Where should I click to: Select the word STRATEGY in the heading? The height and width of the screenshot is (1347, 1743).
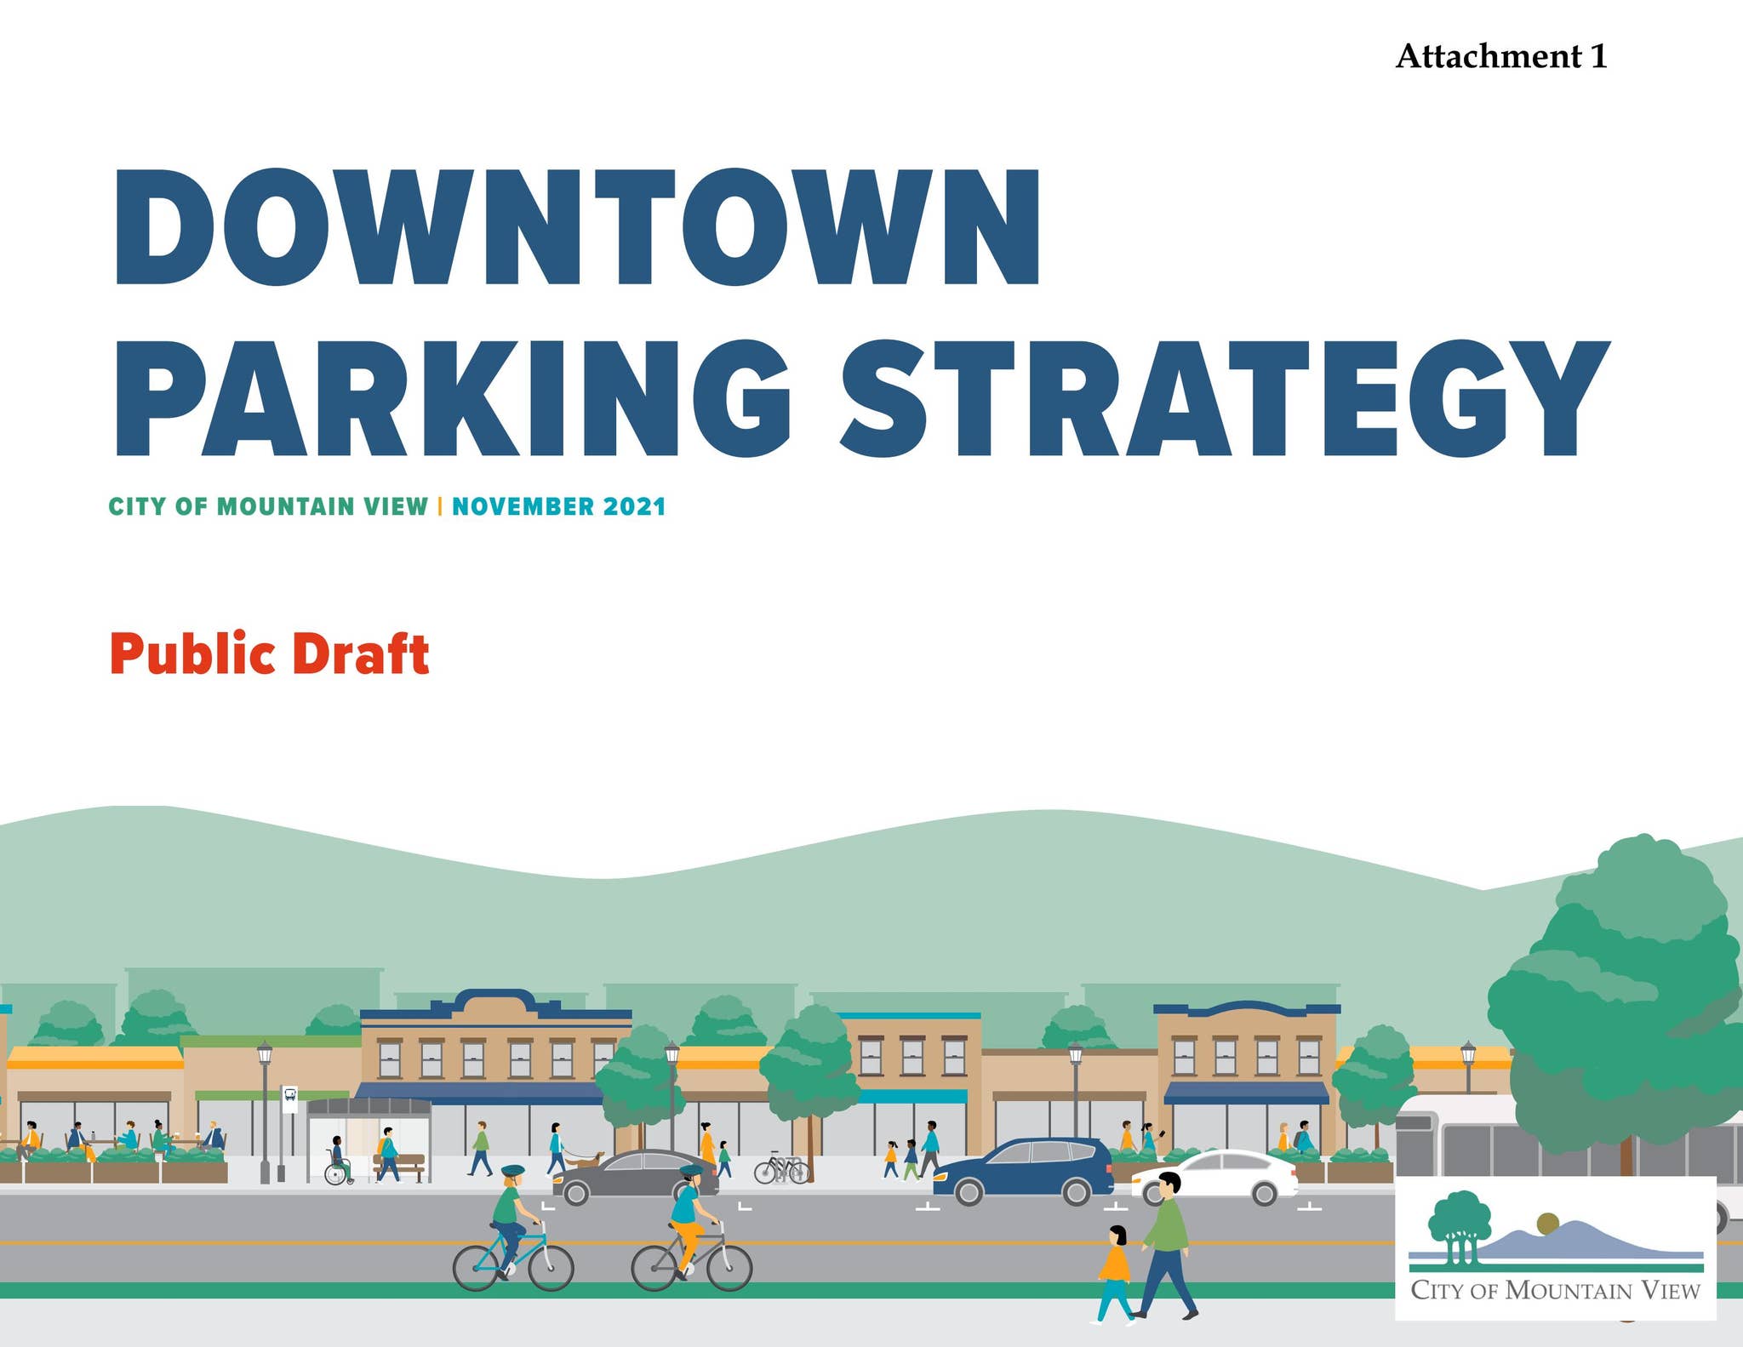click(x=1226, y=399)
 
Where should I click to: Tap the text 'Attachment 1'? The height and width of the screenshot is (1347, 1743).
click(x=1501, y=56)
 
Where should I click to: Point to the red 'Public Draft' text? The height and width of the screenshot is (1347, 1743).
click(x=270, y=654)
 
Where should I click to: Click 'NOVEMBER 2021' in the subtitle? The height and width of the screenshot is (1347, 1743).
click(x=558, y=506)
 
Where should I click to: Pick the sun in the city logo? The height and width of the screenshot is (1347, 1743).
click(x=1547, y=1224)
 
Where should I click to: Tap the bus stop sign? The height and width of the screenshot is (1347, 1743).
click(x=289, y=1099)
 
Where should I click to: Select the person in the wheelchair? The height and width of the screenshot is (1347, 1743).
click(x=338, y=1161)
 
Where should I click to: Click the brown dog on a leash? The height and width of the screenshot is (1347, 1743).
click(x=586, y=1159)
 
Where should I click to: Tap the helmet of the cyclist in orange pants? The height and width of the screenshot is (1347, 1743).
click(x=691, y=1172)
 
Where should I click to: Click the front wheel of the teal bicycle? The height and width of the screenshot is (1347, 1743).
click(x=550, y=1267)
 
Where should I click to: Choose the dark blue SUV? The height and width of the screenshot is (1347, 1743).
click(x=1022, y=1171)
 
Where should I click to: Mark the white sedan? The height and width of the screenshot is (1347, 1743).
click(x=1215, y=1177)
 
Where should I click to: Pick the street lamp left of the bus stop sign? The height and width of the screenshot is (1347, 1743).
click(x=265, y=1110)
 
